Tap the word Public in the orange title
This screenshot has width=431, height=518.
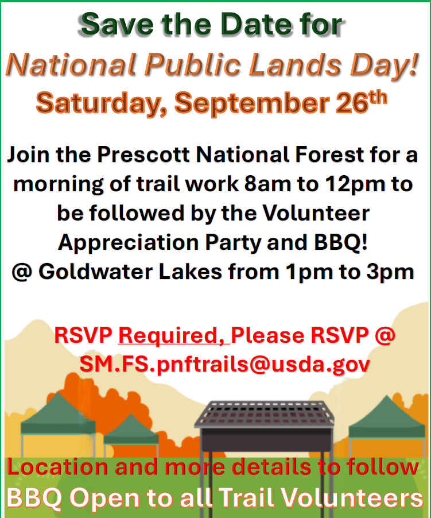pyautogui.click(x=192, y=64)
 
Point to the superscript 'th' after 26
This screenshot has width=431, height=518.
pyautogui.click(x=378, y=98)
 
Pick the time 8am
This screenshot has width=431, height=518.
pyautogui.click(x=267, y=184)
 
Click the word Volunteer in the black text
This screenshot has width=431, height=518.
pyautogui.click(x=316, y=213)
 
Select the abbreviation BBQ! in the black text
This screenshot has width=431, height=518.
pyautogui.click(x=340, y=243)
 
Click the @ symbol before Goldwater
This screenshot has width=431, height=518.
pyautogui.click(x=22, y=273)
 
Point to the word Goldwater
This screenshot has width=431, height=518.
pyautogui.click(x=96, y=272)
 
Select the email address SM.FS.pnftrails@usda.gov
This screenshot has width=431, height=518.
pyautogui.click(x=225, y=365)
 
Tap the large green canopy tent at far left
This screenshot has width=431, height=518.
pyautogui.click(x=58, y=418)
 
